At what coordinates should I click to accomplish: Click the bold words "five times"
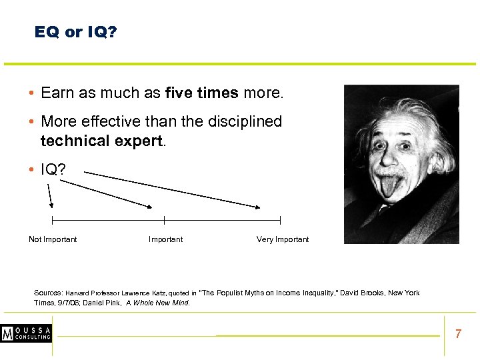point(201,93)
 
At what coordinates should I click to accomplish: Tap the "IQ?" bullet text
point(53,170)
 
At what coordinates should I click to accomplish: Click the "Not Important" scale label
point(53,239)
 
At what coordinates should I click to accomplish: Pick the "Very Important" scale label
point(283,239)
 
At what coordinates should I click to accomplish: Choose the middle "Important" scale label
point(165,239)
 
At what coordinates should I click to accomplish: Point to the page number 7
point(458,334)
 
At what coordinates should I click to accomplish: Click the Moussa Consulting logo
point(26,333)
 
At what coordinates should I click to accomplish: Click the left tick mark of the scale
point(52,220)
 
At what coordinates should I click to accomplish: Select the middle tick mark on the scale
point(165,220)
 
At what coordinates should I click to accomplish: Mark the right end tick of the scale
point(280,220)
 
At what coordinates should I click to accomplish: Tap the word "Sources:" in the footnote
point(48,293)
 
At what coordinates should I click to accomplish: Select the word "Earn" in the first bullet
point(57,93)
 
